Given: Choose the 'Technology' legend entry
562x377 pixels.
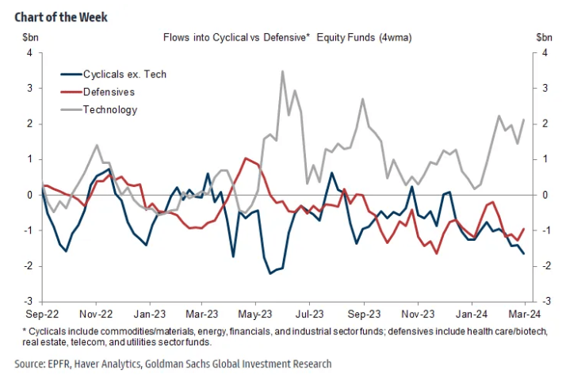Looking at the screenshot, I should tap(110, 109).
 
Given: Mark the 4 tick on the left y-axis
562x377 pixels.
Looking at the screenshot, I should tap(29, 53).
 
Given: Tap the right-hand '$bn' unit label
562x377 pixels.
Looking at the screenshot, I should tap(544, 36).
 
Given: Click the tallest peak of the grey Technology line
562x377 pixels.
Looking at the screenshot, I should tap(282, 71).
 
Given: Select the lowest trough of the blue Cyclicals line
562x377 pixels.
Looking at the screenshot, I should tap(270, 273).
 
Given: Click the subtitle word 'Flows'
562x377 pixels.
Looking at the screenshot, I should tap(177, 37).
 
